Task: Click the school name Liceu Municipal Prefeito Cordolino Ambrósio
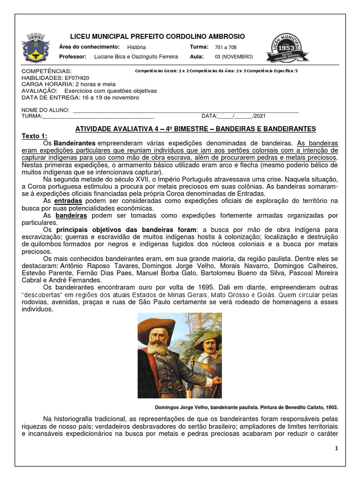click(x=157, y=37)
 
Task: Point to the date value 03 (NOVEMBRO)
click(x=234, y=57)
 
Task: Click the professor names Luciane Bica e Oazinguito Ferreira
click(x=136, y=57)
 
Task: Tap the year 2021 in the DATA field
click(x=259, y=116)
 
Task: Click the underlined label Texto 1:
click(x=35, y=136)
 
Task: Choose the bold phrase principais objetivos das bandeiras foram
click(x=126, y=230)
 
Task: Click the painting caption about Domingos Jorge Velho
click(x=246, y=407)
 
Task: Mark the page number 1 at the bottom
click(x=336, y=449)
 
